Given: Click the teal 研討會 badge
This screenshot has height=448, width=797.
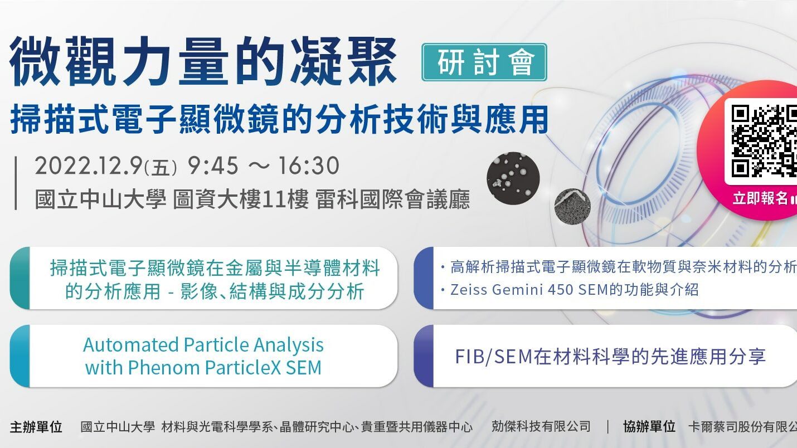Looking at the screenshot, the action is (484, 62).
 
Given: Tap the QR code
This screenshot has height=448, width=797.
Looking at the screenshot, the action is (764, 141).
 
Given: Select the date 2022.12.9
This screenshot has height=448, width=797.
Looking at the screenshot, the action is (89, 166).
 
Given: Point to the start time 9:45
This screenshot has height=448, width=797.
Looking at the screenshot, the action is (213, 165).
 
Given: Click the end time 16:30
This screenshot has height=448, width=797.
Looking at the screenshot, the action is (308, 165).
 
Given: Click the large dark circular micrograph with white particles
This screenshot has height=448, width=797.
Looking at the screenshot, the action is (513, 178).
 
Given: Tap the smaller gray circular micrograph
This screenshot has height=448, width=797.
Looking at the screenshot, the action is (572, 206).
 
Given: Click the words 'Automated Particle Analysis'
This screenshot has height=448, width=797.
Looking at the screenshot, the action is (203, 345).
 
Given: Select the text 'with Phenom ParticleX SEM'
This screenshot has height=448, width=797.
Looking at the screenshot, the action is (203, 368).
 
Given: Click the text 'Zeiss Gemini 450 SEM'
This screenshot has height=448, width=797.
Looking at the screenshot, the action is (529, 290).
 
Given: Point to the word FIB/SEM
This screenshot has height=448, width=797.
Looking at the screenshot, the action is (493, 356).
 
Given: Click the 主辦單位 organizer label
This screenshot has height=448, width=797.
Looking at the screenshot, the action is (36, 427).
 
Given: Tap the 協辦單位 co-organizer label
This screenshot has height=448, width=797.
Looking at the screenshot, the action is (649, 426).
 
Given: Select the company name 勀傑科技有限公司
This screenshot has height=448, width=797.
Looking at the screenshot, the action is (541, 426).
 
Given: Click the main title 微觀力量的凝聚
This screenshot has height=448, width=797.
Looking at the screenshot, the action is (203, 61).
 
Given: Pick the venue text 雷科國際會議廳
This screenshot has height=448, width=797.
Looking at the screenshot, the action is (392, 199).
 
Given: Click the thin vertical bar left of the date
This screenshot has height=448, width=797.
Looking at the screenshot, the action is (16, 183).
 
